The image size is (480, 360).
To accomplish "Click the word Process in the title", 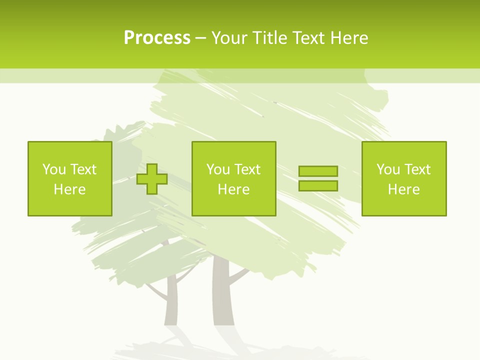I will [x=157, y=38].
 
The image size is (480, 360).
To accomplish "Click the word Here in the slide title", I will [x=349, y=38].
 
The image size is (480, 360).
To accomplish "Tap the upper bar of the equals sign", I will [x=318, y=171].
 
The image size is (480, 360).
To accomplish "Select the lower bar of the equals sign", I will [x=318, y=185].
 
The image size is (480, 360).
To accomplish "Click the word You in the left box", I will [x=54, y=169].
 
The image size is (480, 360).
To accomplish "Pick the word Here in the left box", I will [x=69, y=189].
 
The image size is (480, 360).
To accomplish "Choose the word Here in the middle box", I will [x=233, y=189].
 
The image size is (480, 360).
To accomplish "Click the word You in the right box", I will [x=388, y=169].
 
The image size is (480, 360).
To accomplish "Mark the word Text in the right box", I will [x=417, y=169].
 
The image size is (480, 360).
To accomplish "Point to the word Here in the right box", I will [x=403, y=189].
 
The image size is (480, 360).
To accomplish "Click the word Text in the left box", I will [x=83, y=169].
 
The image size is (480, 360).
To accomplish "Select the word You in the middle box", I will [x=218, y=169].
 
